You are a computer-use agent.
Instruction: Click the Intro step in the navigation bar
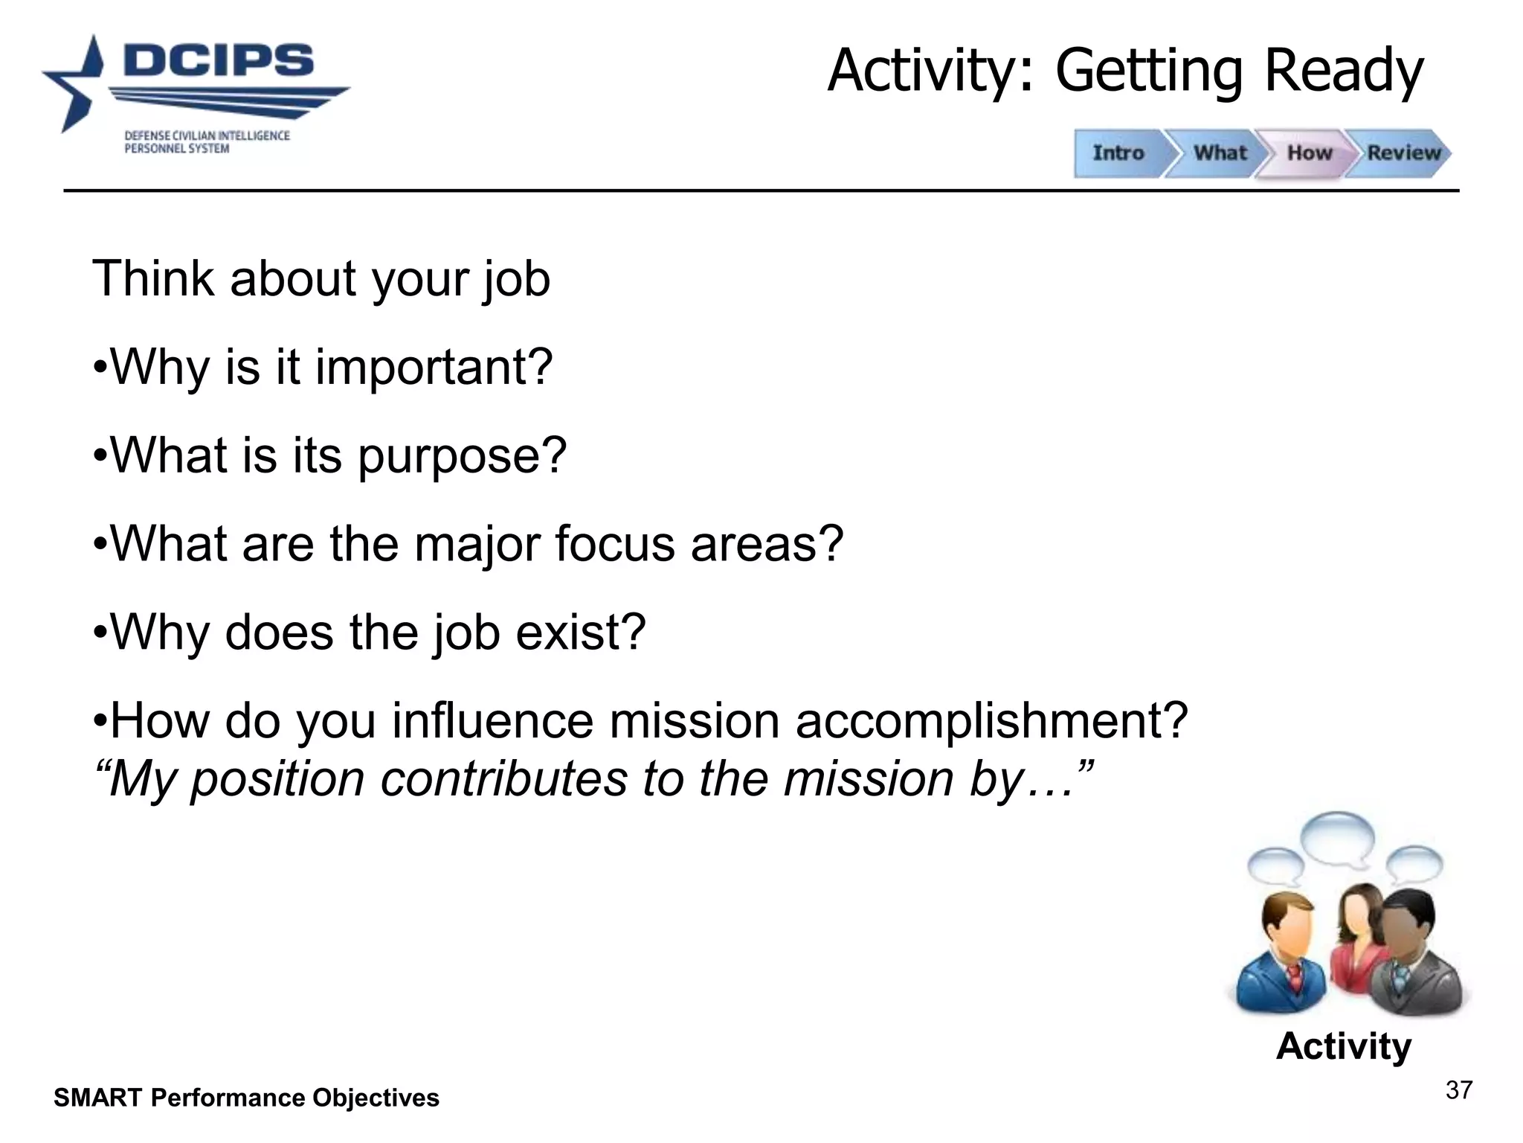point(1118,153)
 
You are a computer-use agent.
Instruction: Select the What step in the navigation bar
point(1220,153)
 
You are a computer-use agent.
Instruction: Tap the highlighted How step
point(1309,153)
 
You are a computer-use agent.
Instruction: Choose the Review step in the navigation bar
point(1403,153)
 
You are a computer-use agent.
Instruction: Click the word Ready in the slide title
point(1343,71)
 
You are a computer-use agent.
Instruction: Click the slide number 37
point(1458,1091)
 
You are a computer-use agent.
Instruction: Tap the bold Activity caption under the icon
point(1343,1046)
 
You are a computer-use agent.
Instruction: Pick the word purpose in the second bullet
point(462,455)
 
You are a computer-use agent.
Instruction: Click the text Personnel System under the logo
point(176,149)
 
